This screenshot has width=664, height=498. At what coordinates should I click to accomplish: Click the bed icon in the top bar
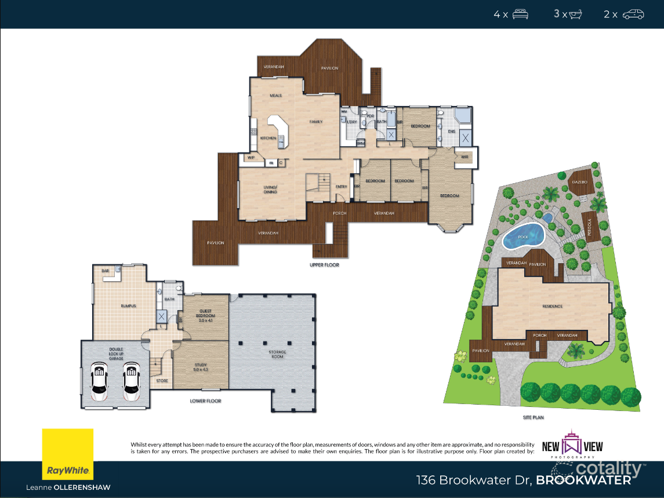tap(520, 14)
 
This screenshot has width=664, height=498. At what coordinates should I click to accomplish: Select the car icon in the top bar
tap(633, 14)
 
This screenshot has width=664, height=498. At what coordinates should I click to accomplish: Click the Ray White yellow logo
tap(67, 455)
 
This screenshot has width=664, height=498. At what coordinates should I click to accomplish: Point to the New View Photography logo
tap(572, 446)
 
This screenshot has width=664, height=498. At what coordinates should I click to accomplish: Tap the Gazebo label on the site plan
tap(579, 182)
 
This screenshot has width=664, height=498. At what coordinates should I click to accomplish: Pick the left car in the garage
tap(99, 383)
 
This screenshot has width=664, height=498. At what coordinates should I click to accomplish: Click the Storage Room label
tap(277, 354)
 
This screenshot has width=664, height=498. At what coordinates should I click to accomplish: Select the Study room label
tap(201, 367)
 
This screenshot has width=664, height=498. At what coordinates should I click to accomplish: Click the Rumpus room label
tap(128, 306)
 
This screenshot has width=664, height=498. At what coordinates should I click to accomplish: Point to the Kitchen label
tap(268, 138)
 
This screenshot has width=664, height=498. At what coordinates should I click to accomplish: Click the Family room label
tap(315, 122)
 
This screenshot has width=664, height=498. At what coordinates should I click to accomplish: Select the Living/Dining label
tap(270, 189)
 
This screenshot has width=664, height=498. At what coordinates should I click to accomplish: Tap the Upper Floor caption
tap(324, 265)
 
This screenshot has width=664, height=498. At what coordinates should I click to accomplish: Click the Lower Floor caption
tap(206, 401)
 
